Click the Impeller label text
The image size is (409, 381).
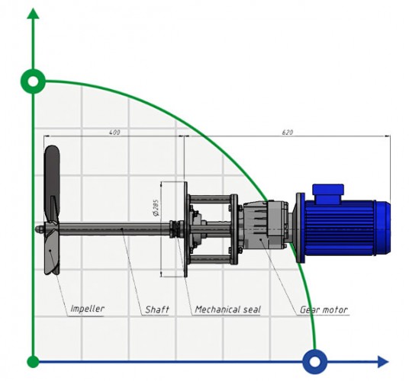click(x=87, y=309)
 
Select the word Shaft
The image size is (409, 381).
click(x=156, y=309)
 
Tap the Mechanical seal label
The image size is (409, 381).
click(x=227, y=309)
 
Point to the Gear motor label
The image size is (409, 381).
click(x=323, y=309)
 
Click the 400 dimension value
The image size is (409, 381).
click(x=114, y=133)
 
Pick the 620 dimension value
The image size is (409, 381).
click(x=287, y=133)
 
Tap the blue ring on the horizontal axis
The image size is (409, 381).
click(x=314, y=360)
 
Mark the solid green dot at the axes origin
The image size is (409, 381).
click(x=33, y=360)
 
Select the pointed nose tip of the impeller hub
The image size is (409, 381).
click(x=37, y=228)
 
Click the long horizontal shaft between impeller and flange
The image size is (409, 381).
click(x=114, y=227)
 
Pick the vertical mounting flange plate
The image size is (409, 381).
click(x=184, y=229)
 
